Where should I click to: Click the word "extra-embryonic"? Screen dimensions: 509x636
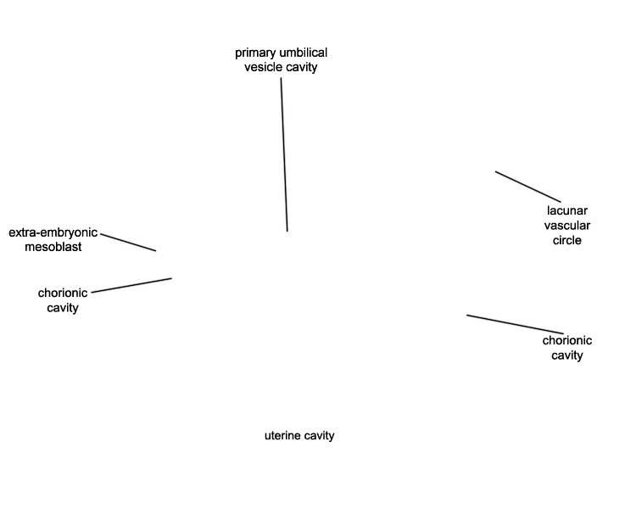tap(53, 232)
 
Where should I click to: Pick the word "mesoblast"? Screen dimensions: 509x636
tap(53, 247)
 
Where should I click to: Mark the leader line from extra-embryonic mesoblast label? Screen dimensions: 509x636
tap(128, 241)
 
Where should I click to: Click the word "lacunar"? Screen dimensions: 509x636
tap(567, 210)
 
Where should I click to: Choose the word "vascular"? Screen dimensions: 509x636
tap(567, 226)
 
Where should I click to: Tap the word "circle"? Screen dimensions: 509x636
tap(567, 240)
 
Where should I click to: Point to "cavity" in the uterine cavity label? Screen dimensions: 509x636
tap(319, 436)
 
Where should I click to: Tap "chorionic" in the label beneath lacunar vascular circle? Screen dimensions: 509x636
tap(567, 340)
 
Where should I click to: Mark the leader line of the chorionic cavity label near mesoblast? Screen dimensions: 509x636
tap(131, 285)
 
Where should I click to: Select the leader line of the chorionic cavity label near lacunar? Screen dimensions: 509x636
tap(514, 324)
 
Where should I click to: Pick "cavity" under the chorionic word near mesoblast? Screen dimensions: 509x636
tap(63, 308)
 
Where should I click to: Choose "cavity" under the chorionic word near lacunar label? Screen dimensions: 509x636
tap(567, 355)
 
